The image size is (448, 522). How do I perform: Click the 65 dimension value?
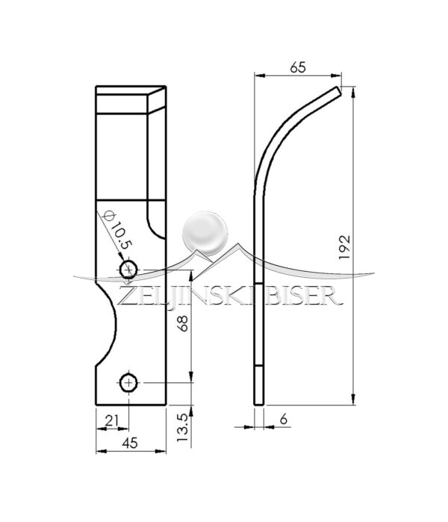[x=298, y=67]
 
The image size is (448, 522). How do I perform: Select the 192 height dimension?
[x=344, y=248]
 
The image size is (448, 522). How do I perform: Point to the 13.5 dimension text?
[x=182, y=428]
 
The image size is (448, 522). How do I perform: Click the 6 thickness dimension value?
[x=283, y=419]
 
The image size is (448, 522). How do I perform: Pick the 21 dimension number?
[x=112, y=420]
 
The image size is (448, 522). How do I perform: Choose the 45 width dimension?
[x=130, y=443]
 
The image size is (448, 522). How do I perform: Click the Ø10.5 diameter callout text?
[x=118, y=230]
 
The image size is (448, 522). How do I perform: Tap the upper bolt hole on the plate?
[x=128, y=270]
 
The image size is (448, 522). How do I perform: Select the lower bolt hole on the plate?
[x=129, y=383]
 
